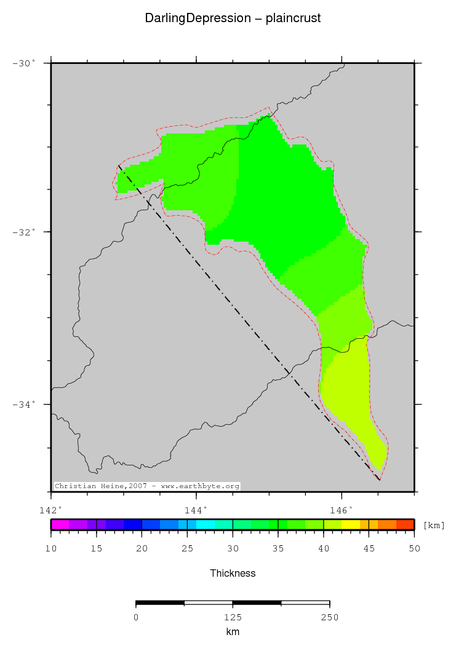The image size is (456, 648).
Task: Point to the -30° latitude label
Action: [25, 63]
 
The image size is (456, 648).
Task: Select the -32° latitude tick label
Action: [25, 232]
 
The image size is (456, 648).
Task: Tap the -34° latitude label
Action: [25, 404]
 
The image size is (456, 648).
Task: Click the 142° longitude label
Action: [50, 510]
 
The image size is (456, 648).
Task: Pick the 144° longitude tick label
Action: [196, 510]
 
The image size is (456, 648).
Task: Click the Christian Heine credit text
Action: [146, 486]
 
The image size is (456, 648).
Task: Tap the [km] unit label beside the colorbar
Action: [434, 525]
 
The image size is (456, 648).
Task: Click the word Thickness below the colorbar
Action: [233, 573]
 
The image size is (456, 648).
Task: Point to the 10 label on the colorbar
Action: [51, 548]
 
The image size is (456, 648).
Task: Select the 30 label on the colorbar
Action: [233, 548]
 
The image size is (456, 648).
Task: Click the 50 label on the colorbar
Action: [414, 548]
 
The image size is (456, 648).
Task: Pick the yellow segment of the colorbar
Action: [351, 524]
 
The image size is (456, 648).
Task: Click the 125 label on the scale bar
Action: [233, 617]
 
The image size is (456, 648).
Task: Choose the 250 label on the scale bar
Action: [329, 617]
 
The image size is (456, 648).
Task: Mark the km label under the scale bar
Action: [233, 631]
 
